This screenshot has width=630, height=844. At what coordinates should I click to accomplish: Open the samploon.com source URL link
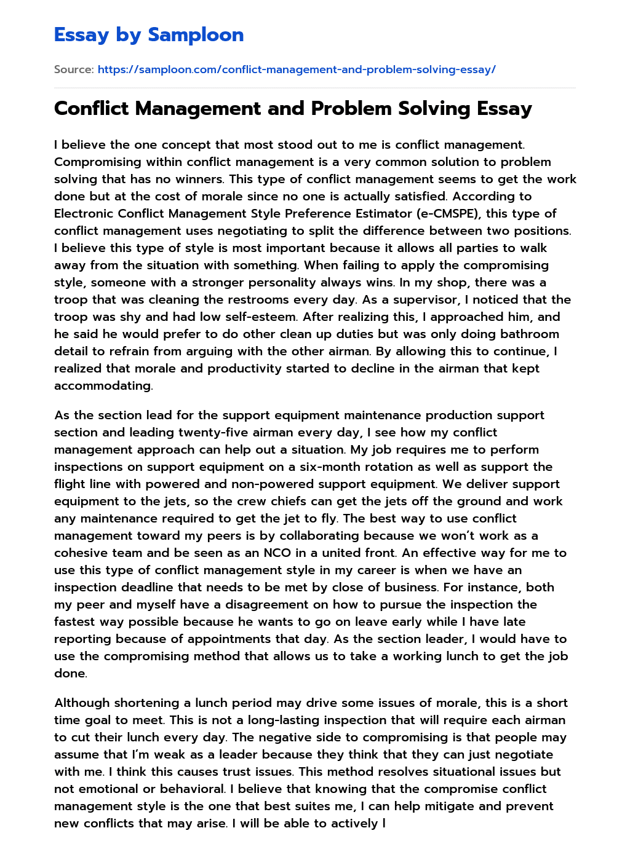pyautogui.click(x=297, y=69)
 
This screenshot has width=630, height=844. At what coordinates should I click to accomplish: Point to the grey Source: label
pyautogui.click(x=74, y=69)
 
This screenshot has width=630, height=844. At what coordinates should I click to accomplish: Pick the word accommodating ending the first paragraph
pyautogui.click(x=103, y=385)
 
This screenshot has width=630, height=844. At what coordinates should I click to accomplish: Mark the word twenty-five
pyautogui.click(x=217, y=432)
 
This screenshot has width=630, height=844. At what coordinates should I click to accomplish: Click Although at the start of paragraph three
pyautogui.click(x=82, y=703)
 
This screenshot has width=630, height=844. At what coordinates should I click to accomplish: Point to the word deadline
pyautogui.click(x=152, y=587)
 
